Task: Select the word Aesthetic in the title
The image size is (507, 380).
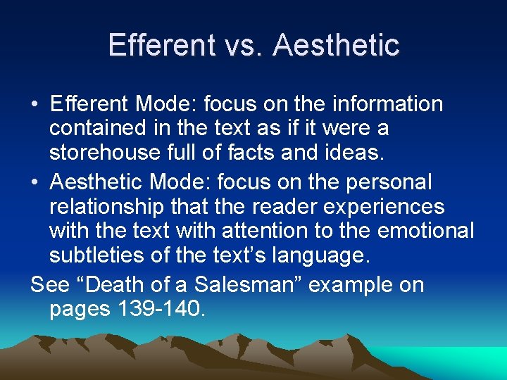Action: click(337, 45)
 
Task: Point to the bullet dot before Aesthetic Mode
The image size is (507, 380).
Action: click(35, 183)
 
